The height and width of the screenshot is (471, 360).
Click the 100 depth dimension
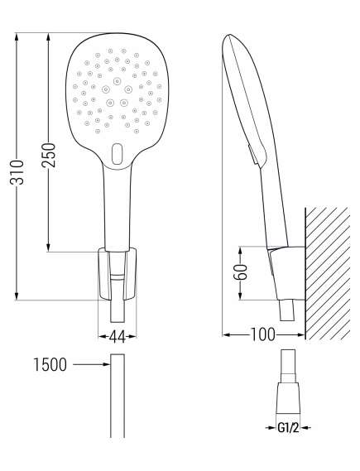point(264,334)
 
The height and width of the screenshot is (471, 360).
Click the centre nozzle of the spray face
point(117,85)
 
